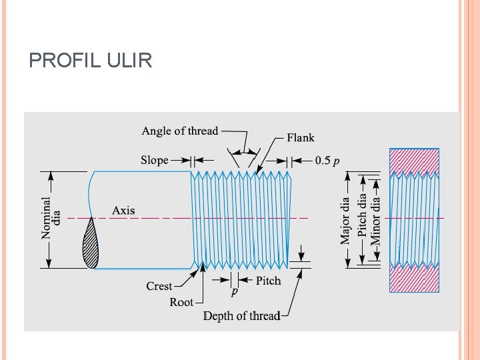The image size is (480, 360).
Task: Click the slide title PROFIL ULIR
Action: click(91, 61)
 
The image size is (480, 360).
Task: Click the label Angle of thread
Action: click(179, 131)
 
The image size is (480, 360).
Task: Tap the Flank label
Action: click(301, 138)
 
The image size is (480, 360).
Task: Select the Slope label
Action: click(155, 160)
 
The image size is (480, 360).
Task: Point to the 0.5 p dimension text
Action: click(327, 160)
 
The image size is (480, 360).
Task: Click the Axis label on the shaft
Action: click(123, 211)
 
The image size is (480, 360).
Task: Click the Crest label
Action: click(159, 286)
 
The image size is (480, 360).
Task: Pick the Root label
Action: click(181, 302)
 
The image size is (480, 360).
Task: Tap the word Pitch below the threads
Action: click(269, 281)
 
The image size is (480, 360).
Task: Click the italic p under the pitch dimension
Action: click(234, 292)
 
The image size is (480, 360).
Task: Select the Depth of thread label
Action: click(241, 316)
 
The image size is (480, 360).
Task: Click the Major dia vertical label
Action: click(345, 220)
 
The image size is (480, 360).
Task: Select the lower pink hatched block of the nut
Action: click(414, 279)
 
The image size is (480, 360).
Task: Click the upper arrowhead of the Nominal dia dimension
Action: click(51, 175)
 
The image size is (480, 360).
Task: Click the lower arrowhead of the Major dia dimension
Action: click(346, 264)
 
